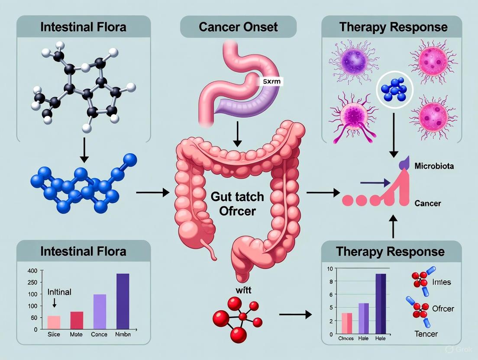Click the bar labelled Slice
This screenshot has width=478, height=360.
click(54, 322)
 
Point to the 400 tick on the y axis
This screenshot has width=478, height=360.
click(33, 271)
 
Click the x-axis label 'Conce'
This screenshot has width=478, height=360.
click(99, 334)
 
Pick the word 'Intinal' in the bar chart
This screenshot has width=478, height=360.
click(59, 292)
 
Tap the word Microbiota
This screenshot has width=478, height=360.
click(434, 166)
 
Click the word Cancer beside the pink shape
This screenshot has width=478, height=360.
click(427, 203)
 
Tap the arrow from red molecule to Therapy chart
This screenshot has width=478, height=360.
click(295, 315)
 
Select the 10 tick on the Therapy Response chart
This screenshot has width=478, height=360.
click(330, 269)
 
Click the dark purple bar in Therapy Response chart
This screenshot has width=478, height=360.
click(381, 304)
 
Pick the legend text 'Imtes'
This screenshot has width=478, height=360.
click(441, 282)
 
